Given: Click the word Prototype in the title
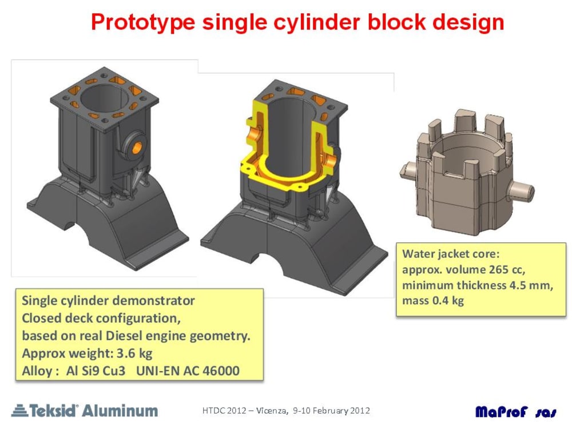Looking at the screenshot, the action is (143, 22).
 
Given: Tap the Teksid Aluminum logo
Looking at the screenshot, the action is (85, 411).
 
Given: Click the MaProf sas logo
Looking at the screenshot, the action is (516, 412).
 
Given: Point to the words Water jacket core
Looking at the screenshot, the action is (451, 254).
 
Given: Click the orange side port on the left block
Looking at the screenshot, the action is (137, 148).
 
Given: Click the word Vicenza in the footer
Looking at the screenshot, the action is (271, 411).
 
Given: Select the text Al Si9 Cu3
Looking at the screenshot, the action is (96, 371).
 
